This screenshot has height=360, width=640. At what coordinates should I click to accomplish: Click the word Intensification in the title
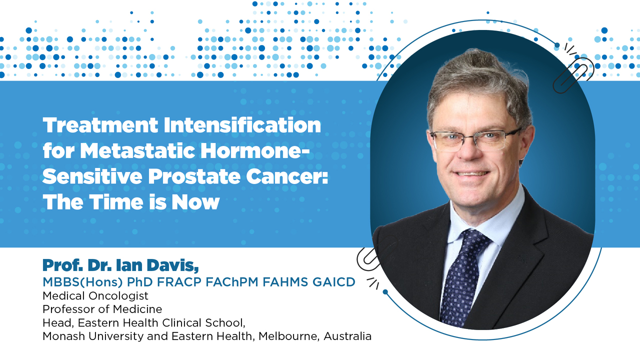(242, 125)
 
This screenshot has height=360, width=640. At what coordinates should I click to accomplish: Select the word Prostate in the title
(194, 177)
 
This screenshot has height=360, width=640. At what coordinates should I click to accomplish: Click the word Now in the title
(195, 202)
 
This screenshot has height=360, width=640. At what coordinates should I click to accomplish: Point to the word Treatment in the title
(100, 125)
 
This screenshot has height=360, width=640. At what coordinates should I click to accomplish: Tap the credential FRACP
(179, 282)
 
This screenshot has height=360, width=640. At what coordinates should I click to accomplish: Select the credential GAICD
(334, 282)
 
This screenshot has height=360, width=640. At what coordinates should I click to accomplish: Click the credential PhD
(140, 282)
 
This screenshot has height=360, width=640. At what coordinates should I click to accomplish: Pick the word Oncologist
(118, 296)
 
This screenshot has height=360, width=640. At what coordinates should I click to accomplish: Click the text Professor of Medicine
(102, 309)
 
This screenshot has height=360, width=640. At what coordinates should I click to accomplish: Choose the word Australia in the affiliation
(347, 336)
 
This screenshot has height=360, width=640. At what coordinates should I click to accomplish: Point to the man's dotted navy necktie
(461, 277)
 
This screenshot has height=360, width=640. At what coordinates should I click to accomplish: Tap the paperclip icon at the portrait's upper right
(573, 75)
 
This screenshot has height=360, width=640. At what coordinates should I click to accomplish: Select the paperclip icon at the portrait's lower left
(367, 258)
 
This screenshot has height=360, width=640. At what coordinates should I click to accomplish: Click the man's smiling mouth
(471, 173)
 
